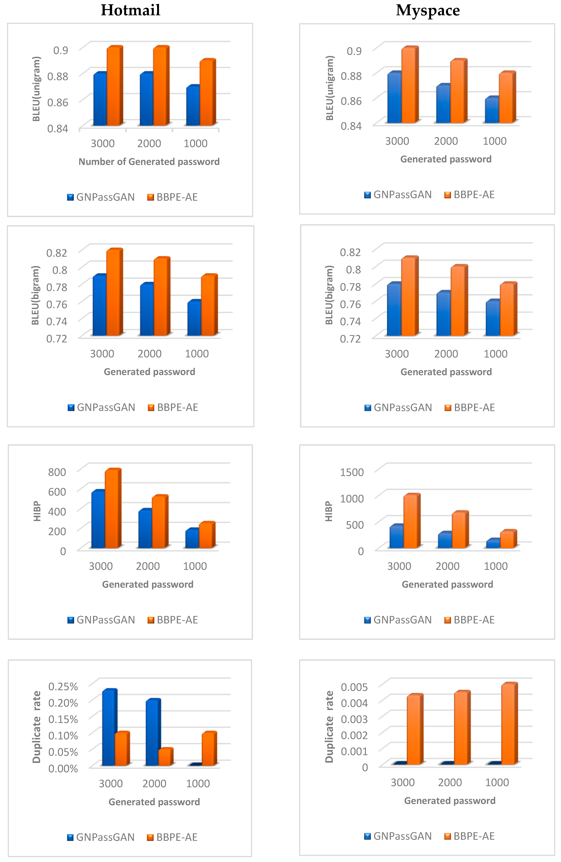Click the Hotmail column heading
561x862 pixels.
point(130,10)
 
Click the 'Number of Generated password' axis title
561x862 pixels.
point(149,162)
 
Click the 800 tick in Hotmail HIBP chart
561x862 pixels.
point(57,472)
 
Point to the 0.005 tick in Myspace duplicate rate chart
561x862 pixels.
point(354,687)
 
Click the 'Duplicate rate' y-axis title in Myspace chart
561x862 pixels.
point(329,726)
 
